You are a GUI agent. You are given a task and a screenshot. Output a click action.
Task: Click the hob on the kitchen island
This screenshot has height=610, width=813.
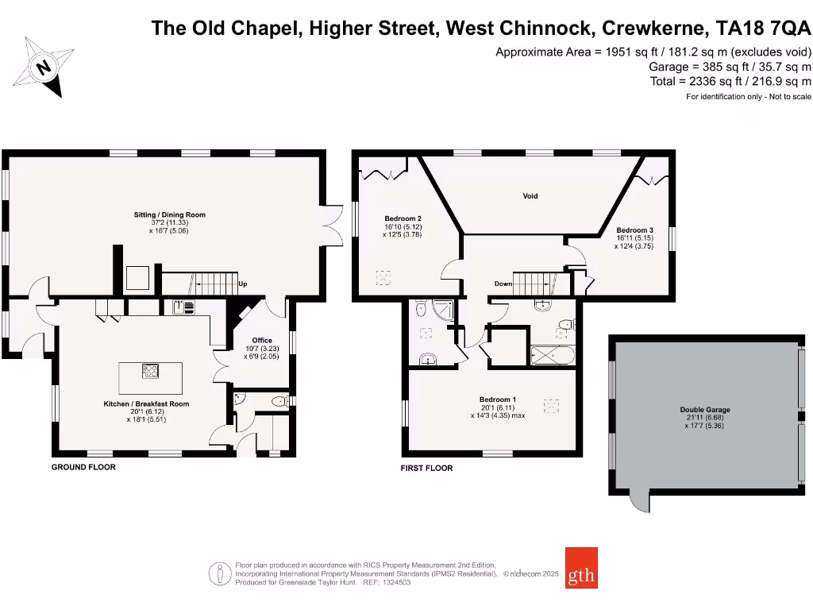[x=149, y=369]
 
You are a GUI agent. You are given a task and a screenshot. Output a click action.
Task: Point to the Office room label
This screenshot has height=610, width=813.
[x=262, y=340]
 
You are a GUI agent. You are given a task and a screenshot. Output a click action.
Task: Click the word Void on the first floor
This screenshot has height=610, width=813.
[x=530, y=195]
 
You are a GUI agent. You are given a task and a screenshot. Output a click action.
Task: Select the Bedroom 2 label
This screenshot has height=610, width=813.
[x=403, y=218]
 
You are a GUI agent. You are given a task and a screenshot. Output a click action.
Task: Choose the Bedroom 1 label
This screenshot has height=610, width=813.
[x=498, y=400]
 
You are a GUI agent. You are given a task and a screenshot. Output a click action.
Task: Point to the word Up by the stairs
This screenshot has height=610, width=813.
[x=242, y=284]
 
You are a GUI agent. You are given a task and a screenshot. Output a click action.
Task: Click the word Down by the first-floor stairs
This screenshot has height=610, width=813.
[x=503, y=284]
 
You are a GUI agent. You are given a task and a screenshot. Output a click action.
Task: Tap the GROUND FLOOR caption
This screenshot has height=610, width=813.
[x=83, y=467]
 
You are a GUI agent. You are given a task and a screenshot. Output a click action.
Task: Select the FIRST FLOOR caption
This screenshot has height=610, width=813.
[x=426, y=468]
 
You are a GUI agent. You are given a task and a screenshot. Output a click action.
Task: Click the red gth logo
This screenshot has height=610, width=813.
[x=581, y=568]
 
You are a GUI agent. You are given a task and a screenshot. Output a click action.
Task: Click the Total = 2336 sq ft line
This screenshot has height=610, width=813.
[x=730, y=81]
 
